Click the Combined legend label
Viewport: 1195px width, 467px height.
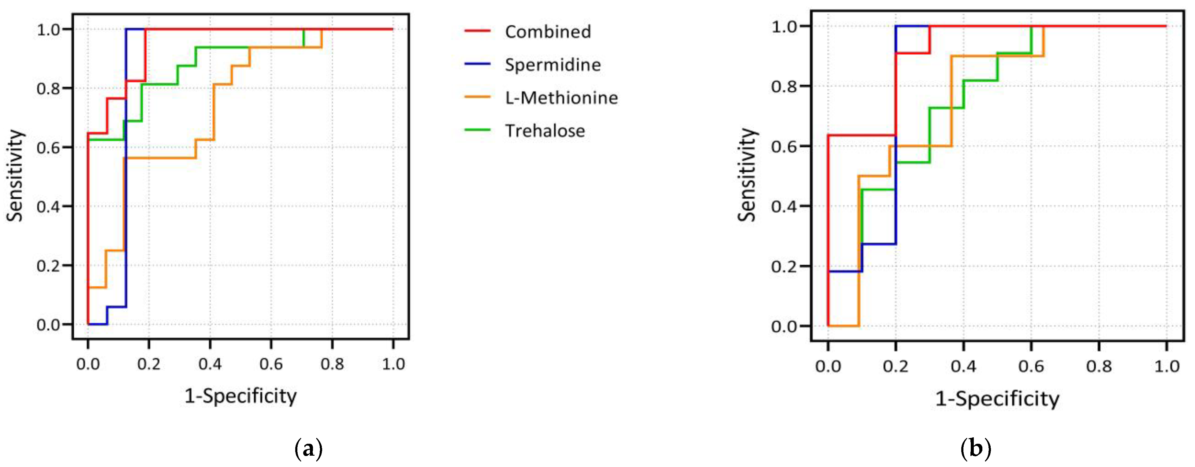coord(548,32)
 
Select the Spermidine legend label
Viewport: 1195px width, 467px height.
coord(553,65)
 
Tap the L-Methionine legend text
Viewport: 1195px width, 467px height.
coord(561,98)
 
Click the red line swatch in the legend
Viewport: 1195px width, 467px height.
coord(477,31)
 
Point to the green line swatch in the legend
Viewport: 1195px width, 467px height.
coord(477,130)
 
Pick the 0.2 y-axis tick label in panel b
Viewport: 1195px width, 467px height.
coord(784,267)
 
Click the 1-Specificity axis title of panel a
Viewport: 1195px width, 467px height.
coord(240,396)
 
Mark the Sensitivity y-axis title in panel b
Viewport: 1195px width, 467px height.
coord(746,175)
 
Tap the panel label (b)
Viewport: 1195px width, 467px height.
coord(976,449)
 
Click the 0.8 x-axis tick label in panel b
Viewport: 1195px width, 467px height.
coord(1099,367)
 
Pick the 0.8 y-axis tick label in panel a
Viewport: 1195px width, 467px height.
coord(48,88)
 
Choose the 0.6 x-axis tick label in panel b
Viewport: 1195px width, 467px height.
coord(1031,367)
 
